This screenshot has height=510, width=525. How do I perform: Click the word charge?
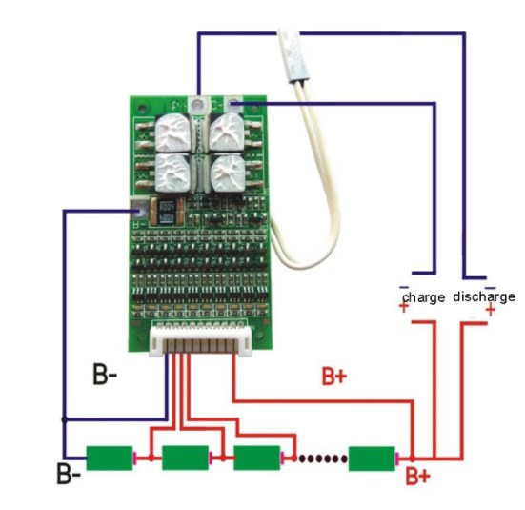click(x=424, y=297)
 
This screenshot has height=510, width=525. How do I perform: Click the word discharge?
click(x=484, y=296)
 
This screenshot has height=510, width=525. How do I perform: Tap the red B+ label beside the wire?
click(x=333, y=376)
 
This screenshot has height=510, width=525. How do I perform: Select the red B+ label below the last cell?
click(x=417, y=476)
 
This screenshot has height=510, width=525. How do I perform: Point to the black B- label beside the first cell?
click(x=69, y=474)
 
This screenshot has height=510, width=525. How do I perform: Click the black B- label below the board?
click(x=105, y=374)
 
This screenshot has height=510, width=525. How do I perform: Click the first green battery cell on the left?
click(x=110, y=458)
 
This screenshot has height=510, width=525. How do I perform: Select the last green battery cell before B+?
click(x=372, y=459)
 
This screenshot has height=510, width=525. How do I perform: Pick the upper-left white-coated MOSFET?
click(x=172, y=133)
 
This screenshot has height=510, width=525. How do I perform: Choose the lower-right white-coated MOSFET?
click(x=228, y=173)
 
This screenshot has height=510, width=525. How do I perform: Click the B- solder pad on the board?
click(x=138, y=211)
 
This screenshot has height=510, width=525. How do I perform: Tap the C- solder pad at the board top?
click(x=233, y=104)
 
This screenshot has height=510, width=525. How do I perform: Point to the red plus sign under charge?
click(x=404, y=307)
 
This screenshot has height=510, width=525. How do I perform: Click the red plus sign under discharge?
click(x=491, y=309)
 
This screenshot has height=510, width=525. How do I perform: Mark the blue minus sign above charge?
click(x=404, y=287)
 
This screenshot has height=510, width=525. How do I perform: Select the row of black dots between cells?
click(x=323, y=459)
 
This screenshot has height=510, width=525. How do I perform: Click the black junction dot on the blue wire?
click(x=64, y=419)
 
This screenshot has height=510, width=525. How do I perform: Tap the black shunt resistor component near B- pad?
click(x=167, y=212)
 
